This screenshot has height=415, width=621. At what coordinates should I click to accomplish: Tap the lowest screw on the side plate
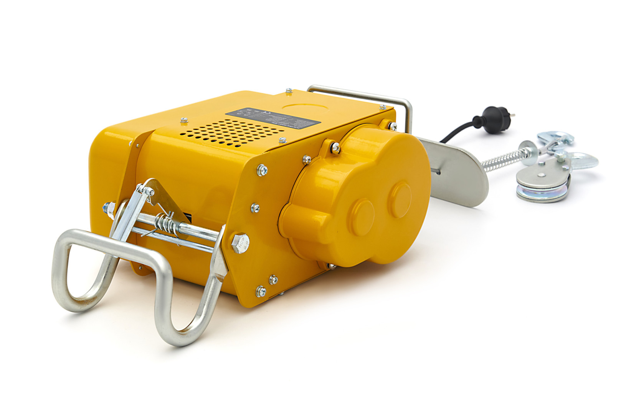(x=261, y=292)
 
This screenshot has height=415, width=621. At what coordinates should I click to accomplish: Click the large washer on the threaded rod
(x=527, y=149)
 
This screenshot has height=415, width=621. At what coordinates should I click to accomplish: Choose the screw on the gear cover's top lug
(x=335, y=146)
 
